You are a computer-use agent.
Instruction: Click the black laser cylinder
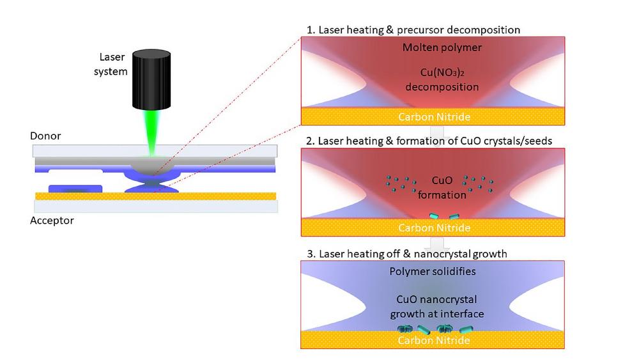click(151, 79)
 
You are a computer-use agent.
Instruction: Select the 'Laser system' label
click(111, 64)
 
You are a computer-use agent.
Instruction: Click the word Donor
click(45, 136)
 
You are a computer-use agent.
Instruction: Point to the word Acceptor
click(52, 221)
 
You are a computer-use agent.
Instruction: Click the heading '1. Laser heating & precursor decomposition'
click(413, 30)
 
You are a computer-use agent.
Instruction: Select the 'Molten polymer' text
click(442, 47)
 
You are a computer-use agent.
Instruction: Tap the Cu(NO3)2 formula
click(442, 72)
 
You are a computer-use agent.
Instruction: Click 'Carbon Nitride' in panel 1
click(435, 117)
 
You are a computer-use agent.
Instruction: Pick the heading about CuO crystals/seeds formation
click(429, 141)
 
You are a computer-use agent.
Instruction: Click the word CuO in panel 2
click(442, 180)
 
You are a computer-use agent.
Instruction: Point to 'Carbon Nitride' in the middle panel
click(435, 228)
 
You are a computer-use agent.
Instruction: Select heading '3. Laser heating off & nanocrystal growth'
click(406, 254)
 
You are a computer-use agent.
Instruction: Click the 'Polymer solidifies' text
click(433, 272)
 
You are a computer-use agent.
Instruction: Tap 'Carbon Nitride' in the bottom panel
click(434, 340)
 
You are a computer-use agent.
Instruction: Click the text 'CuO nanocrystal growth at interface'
click(437, 306)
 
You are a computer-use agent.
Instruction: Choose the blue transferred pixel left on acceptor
click(75, 189)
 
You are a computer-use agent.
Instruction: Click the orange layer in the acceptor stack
click(156, 196)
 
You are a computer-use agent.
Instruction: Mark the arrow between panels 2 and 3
click(437, 244)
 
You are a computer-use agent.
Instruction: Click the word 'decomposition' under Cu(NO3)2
click(442, 87)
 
